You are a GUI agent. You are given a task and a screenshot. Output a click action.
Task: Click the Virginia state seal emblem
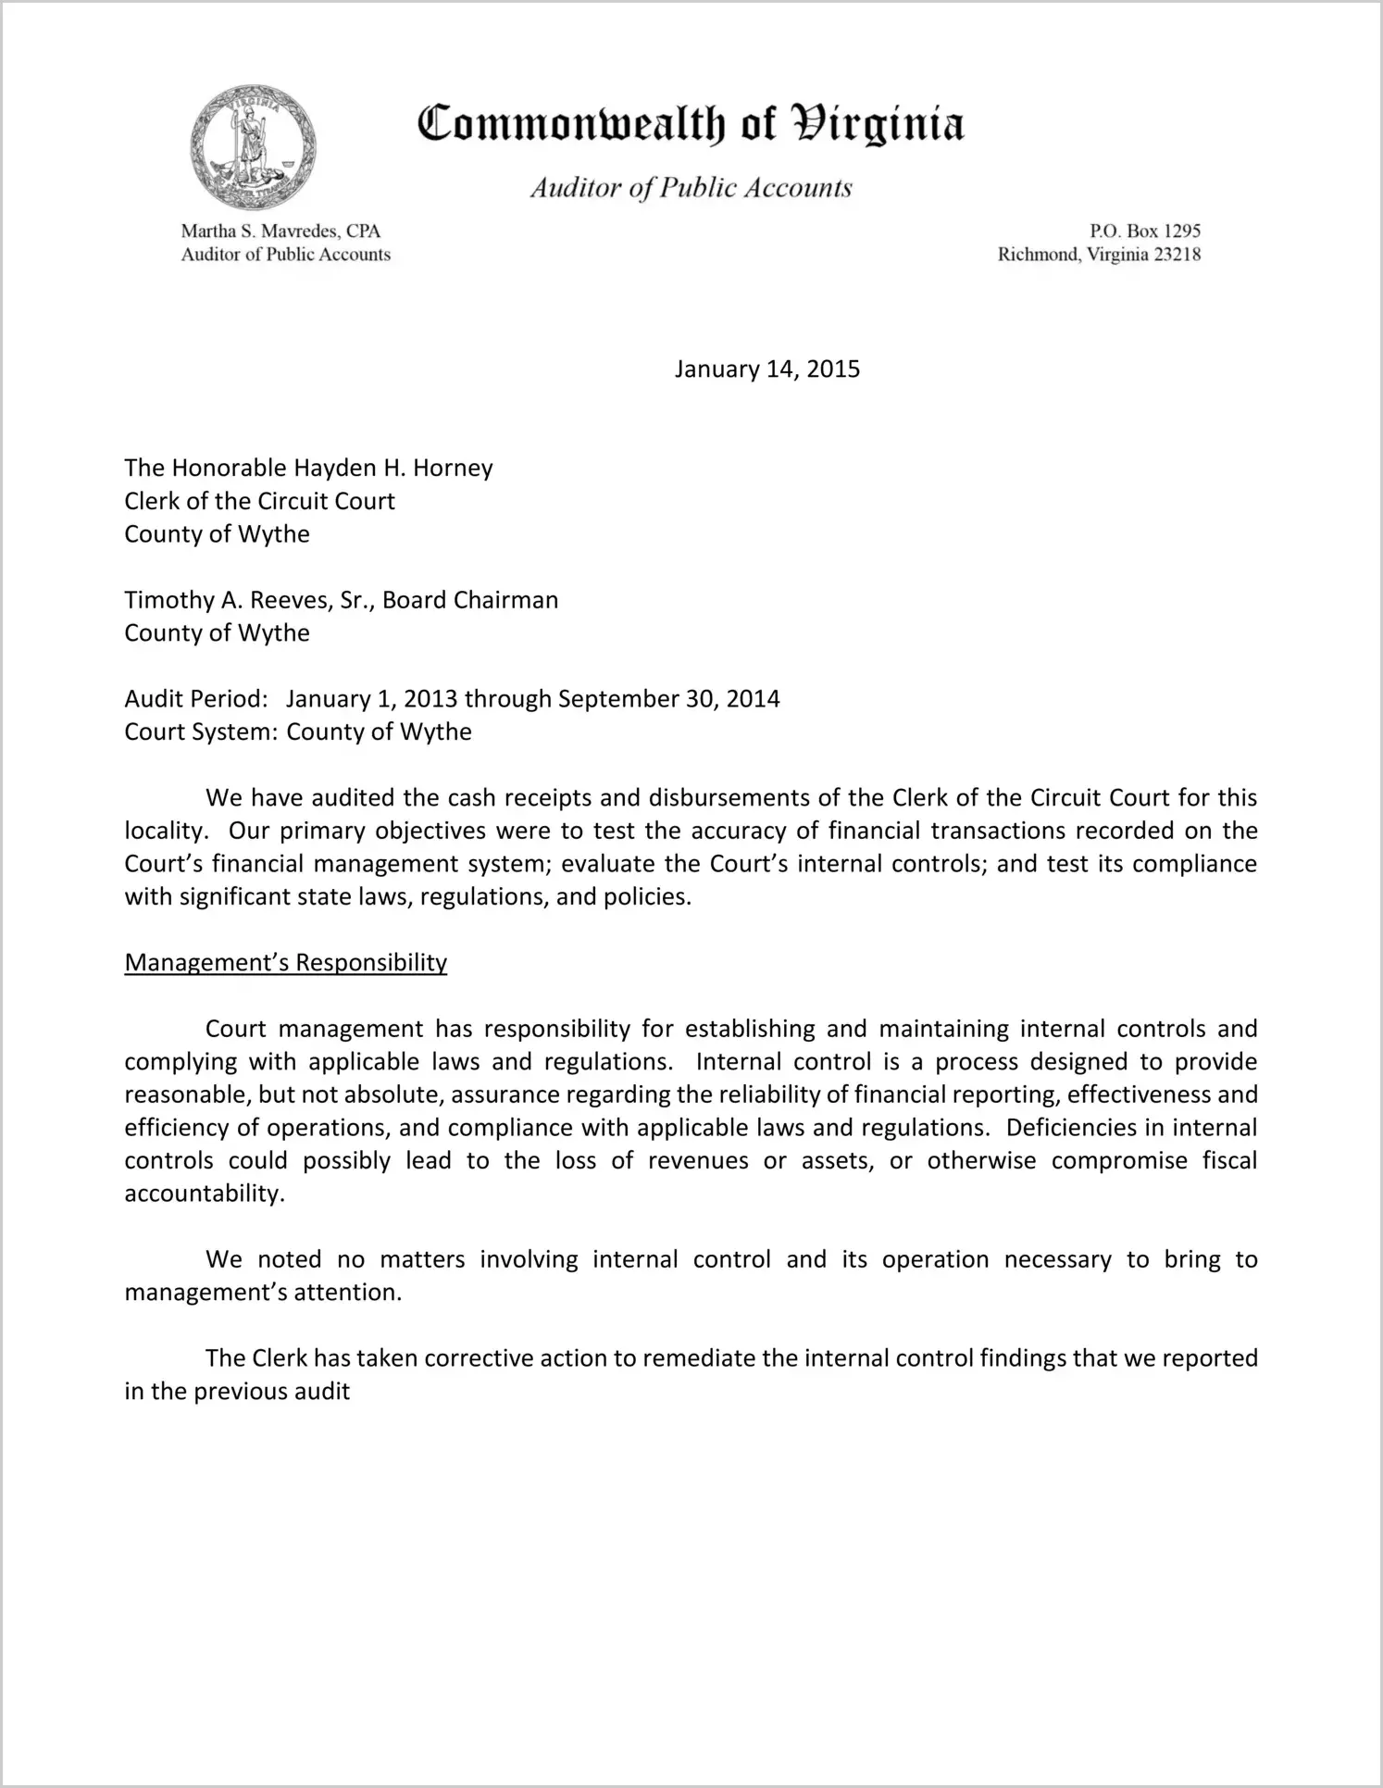[253, 148]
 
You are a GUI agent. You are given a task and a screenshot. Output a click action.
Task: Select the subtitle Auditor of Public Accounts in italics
[691, 188]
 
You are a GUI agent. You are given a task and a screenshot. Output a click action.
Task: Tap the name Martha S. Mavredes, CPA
[280, 231]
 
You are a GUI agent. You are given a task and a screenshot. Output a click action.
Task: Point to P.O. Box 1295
[1145, 231]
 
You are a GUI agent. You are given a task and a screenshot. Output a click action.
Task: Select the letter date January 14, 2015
[766, 369]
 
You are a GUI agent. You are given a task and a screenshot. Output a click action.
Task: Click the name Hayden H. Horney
[393, 468]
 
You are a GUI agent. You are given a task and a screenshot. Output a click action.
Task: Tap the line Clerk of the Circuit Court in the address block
[260, 501]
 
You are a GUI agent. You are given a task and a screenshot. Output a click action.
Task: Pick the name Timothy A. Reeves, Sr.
[248, 600]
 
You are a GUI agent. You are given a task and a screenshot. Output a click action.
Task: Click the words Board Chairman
[470, 600]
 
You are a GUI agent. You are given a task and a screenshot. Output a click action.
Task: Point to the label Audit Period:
[196, 699]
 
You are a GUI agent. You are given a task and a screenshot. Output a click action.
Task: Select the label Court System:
[201, 731]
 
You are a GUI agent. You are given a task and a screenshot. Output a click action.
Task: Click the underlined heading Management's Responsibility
[285, 963]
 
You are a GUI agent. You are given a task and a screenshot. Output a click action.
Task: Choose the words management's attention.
[263, 1293]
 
